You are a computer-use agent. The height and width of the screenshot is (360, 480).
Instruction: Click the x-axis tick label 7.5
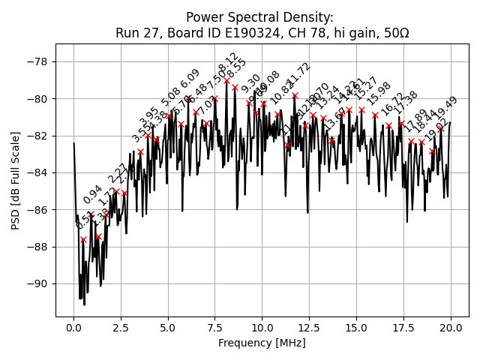[215, 328]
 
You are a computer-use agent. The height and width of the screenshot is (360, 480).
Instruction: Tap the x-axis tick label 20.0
[451, 328]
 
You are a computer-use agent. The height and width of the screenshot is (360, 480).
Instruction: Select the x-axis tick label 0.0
[73, 328]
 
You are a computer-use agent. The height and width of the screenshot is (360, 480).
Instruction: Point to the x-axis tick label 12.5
[309, 328]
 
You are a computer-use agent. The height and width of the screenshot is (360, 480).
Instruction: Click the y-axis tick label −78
[37, 61]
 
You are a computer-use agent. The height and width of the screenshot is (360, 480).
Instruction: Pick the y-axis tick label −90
[37, 283]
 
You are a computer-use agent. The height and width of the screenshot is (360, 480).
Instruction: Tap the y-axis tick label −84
[37, 172]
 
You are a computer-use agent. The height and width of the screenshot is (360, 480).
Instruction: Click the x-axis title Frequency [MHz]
[262, 343]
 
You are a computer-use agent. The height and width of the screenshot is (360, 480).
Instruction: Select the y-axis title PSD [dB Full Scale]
[16, 172]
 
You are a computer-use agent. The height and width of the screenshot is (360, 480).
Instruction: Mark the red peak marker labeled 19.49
[441, 128]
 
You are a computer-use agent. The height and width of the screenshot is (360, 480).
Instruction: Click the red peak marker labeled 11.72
[295, 95]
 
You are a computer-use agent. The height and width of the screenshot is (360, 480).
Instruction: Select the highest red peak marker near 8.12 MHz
[226, 80]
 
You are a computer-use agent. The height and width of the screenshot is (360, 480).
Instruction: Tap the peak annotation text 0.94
[92, 194]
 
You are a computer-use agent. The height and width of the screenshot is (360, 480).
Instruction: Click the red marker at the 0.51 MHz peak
[83, 239]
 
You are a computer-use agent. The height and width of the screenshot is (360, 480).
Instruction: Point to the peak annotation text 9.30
[251, 83]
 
